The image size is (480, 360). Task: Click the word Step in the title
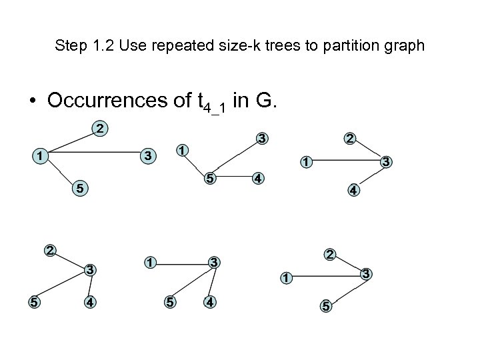coord(69,46)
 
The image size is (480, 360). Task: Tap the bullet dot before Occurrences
coord(32,101)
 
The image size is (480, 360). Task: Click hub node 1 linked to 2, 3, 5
coord(41,155)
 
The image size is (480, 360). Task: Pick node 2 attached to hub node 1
coord(99,127)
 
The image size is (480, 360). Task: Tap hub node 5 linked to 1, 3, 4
coord(209,179)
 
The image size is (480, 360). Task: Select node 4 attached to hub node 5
coord(257,179)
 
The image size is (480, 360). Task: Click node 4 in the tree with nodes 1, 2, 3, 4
coord(353,189)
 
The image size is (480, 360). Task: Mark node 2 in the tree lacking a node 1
coord(49,251)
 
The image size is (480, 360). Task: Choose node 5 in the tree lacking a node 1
coord(32,301)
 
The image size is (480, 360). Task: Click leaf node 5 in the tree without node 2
coord(171,301)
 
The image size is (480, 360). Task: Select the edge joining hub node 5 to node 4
coord(233,179)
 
